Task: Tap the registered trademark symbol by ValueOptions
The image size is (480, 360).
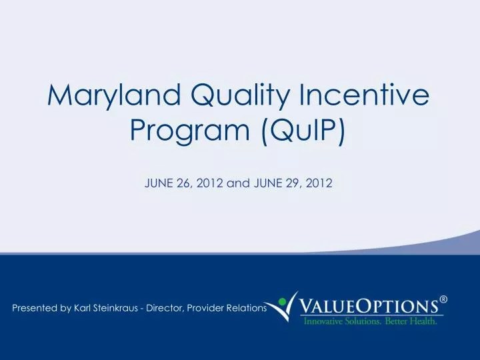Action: [443, 301]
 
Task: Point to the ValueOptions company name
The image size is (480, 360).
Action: [370, 306]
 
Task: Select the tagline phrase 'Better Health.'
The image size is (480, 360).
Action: [413, 321]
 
